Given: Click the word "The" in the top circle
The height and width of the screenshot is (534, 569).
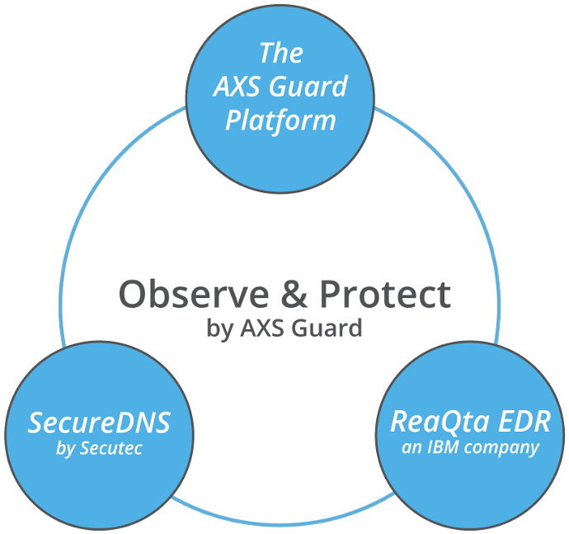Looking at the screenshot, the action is [281, 53].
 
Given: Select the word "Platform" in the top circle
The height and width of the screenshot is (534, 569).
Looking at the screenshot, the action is [280, 121].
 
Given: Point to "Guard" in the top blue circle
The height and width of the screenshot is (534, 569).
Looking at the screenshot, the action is [308, 87].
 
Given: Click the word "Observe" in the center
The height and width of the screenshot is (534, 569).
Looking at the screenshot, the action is [194, 295].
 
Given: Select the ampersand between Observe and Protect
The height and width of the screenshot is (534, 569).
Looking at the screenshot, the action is [294, 295].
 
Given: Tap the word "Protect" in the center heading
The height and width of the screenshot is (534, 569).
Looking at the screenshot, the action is [385, 295].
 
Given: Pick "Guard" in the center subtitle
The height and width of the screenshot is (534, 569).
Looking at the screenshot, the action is [327, 328].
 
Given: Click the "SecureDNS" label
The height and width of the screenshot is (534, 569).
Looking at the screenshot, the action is [99, 423].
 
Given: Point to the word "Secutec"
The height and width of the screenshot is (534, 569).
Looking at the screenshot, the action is [111, 448].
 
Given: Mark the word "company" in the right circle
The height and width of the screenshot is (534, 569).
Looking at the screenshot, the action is [502, 449].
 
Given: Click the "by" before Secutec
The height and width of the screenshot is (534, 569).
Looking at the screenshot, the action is [65, 449].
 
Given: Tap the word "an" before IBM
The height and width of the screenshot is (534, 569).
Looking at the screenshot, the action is [411, 448].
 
